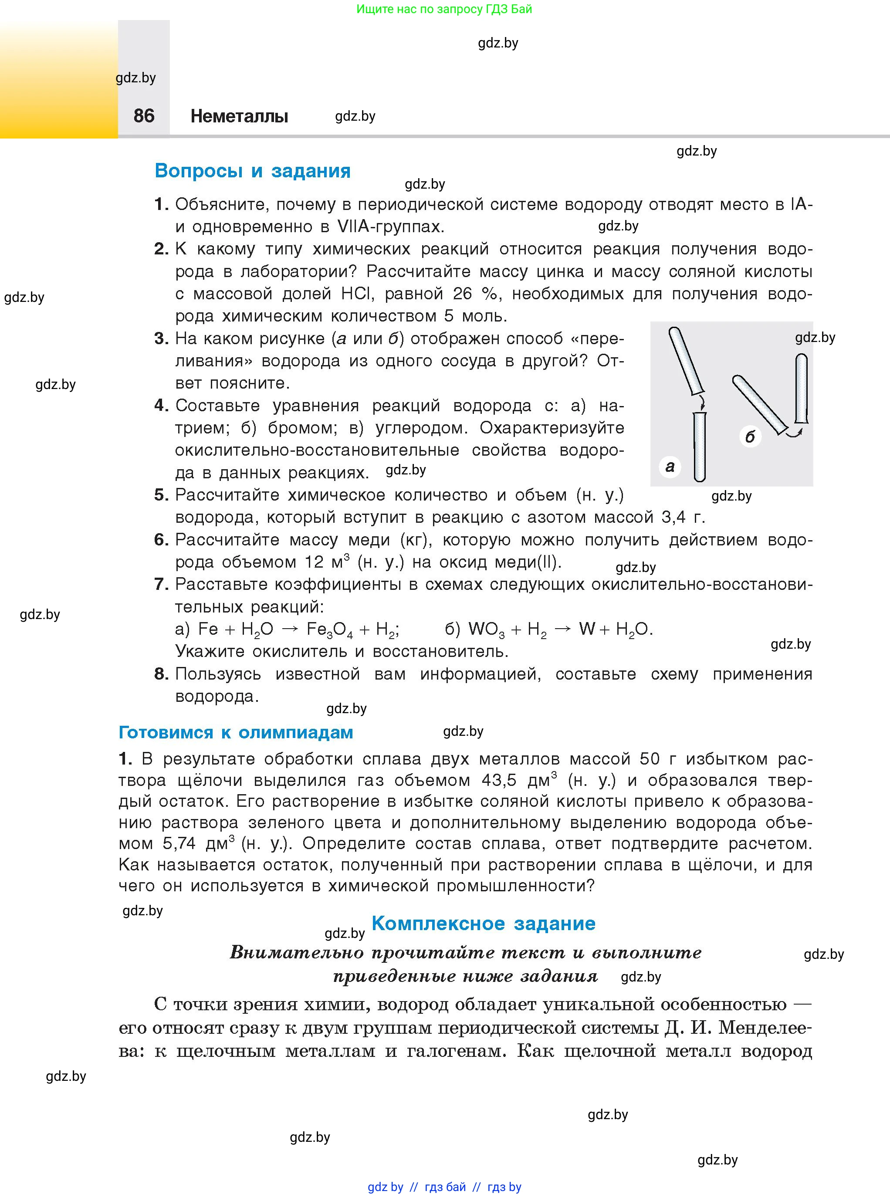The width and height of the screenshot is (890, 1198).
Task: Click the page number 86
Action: pos(144,116)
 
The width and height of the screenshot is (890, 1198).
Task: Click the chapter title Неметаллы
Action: pos(239,116)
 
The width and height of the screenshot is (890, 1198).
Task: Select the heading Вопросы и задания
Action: pos(252,171)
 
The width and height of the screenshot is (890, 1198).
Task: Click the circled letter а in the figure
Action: pos(670,467)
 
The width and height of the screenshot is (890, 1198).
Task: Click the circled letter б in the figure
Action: pos(750,437)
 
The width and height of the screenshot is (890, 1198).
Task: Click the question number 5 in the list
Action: pos(161,495)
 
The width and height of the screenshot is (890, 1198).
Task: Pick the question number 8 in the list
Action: pos(161,674)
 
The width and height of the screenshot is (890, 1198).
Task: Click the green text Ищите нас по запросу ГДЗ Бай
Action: pos(444,9)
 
